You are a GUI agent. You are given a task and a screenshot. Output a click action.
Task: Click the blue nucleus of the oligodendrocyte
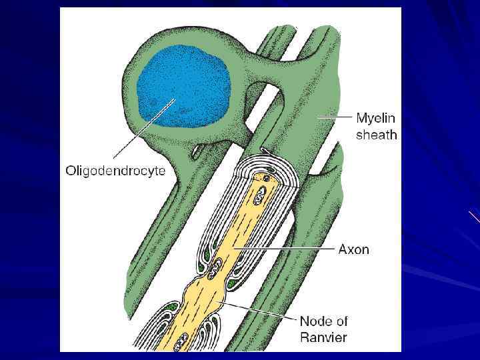coord(184,87)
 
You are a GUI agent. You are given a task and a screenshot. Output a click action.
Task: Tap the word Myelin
coord(375,119)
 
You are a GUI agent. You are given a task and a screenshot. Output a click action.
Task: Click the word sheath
coord(376,135)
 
